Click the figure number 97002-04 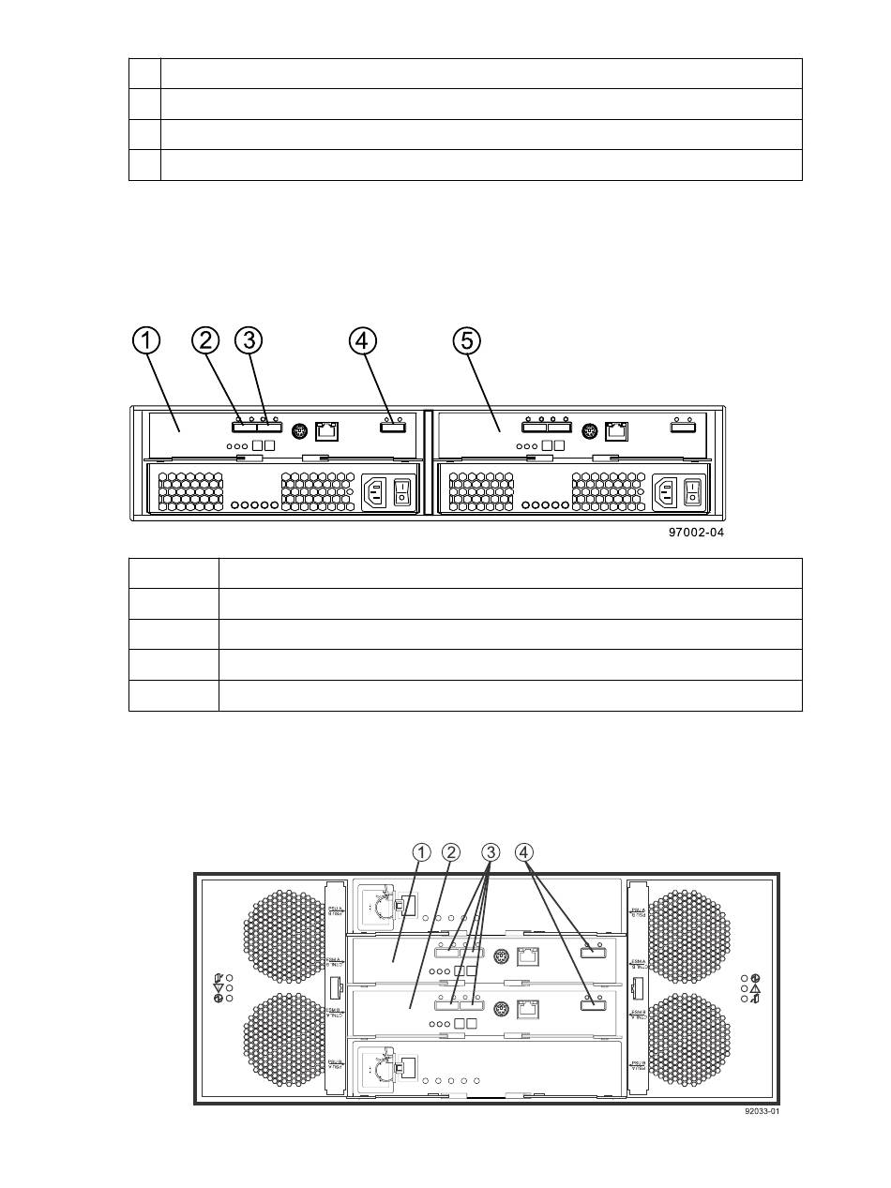coord(694,533)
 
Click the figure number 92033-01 coord(762,1112)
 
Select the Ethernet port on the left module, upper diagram coord(326,432)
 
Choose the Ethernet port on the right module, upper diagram coord(618,432)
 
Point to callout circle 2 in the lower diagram coord(451,852)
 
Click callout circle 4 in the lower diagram coord(524,852)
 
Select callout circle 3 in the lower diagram coord(491,852)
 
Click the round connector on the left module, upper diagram coord(298,431)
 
